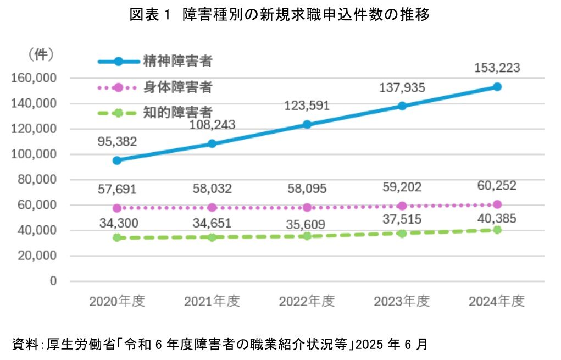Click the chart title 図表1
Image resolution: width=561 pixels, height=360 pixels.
coord(280,15)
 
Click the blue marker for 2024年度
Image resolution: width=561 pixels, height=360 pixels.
coord(497,87)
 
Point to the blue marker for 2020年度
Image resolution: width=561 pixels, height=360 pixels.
coord(117,160)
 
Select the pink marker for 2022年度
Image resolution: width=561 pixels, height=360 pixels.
coord(307,207)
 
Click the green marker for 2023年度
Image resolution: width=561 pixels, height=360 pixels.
coord(402,233)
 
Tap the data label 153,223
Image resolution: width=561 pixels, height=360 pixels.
coord(497,68)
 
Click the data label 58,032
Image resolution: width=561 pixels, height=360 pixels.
coord(212,189)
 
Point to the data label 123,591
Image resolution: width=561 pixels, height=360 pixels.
coord(307,105)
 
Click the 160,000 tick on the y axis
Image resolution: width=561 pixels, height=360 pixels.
coord(34,78)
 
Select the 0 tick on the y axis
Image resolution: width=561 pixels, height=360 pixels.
coord(53,281)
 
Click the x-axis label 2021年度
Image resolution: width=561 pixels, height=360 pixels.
coord(212,301)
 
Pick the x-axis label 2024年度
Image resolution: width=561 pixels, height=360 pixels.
coord(497,301)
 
